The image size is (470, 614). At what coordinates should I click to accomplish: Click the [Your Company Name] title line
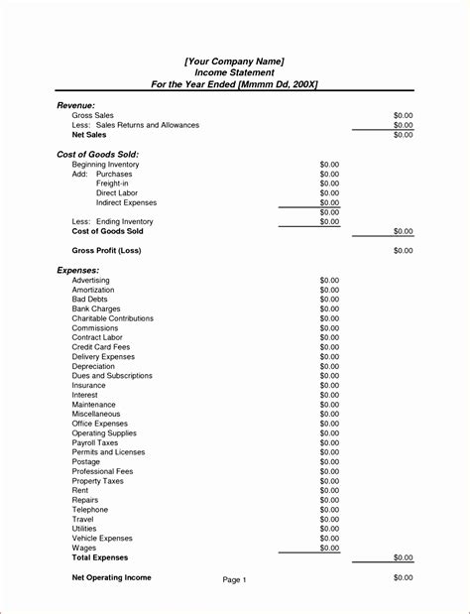[x=234, y=61]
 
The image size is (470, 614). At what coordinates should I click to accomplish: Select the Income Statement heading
[x=234, y=72]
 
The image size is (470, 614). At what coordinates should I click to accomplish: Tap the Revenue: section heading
[x=75, y=105]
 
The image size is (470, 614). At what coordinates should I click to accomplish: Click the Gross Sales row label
[x=92, y=116]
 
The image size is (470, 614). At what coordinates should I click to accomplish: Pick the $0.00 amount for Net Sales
[x=403, y=135]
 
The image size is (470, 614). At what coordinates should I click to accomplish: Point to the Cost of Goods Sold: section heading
[x=98, y=155]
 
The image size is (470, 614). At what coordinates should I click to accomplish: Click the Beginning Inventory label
[x=105, y=165]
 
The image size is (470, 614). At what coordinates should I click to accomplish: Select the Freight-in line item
[x=111, y=184]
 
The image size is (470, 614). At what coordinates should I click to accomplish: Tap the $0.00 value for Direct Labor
[x=329, y=193]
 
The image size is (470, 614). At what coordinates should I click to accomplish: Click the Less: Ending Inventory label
[x=112, y=221]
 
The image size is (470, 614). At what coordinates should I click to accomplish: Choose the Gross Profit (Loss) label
[x=106, y=251]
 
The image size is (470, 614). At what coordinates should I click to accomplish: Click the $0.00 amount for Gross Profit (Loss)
[x=403, y=251]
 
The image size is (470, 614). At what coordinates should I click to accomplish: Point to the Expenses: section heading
[x=77, y=270]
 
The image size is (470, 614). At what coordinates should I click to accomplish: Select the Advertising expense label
[x=91, y=280]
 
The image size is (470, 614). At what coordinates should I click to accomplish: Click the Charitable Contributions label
[x=112, y=318]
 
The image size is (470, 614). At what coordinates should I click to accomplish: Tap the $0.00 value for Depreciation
[x=329, y=366]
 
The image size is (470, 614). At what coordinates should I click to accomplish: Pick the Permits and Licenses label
[x=108, y=452]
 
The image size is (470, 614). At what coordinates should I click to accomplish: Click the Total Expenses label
[x=100, y=557]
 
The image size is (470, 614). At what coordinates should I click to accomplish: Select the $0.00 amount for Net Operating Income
[x=403, y=577]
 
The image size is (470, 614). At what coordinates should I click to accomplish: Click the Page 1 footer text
[x=234, y=580]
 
